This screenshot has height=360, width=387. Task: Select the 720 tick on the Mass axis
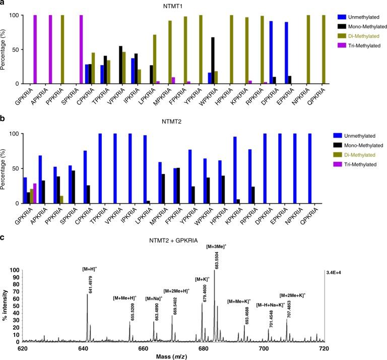pos(324,347)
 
